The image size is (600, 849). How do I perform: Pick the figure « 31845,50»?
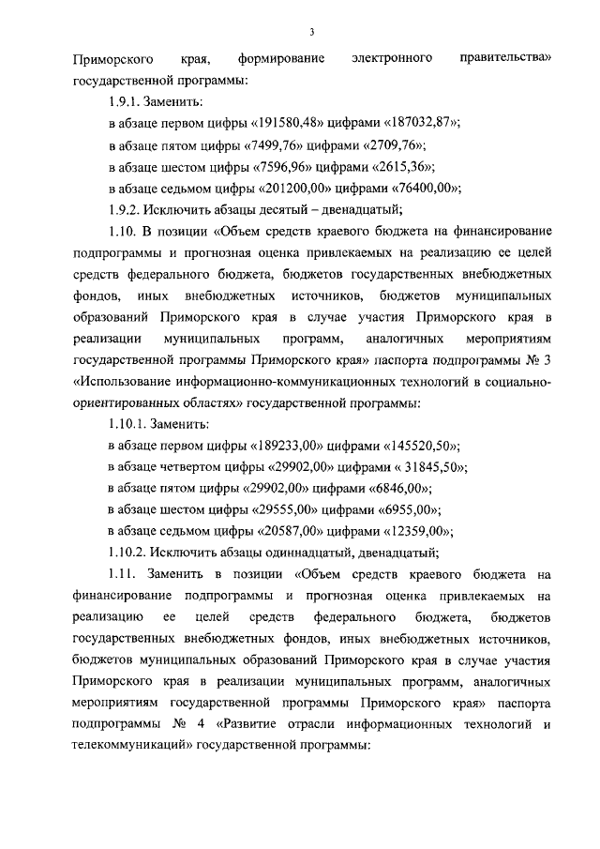(x=430, y=468)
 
